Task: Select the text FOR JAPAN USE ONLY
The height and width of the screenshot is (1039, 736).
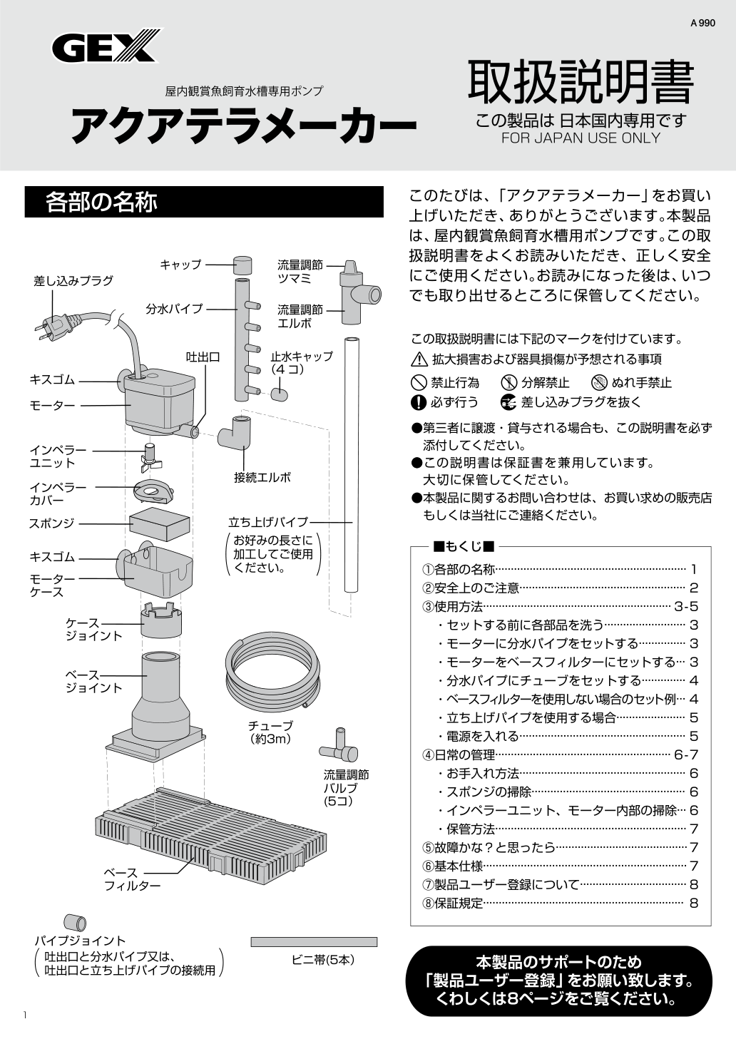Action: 581,138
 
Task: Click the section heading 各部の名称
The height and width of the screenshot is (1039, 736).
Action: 101,203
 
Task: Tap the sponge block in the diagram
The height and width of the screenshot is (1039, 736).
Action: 160,524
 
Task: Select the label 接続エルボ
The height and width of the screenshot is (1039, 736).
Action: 262,478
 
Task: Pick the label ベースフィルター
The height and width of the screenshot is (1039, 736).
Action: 132,879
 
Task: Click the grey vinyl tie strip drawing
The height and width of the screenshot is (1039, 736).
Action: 314,942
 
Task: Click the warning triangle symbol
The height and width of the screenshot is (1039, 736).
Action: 419,359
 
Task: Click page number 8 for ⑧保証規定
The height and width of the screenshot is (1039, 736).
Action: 694,904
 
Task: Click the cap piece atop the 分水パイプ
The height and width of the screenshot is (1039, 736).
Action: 242,265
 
